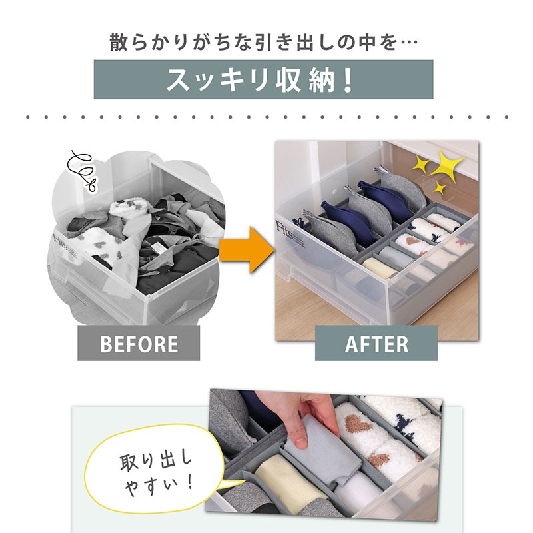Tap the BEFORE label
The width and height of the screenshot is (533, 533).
pyautogui.click(x=139, y=343)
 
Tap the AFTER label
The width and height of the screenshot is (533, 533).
pyautogui.click(x=376, y=343)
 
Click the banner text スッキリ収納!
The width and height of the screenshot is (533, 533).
pyautogui.click(x=260, y=80)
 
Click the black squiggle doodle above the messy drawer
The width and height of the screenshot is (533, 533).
pyautogui.click(x=83, y=170)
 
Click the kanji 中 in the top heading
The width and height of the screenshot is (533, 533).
pyautogui.click(x=366, y=43)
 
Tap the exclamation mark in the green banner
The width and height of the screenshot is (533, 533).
pyautogui.click(x=347, y=80)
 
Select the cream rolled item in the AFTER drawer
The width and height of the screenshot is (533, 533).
pyautogui.click(x=380, y=267)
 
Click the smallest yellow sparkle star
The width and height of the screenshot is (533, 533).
pyautogui.click(x=440, y=188)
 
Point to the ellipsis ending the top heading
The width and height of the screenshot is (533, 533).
pyautogui.click(x=408, y=43)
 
